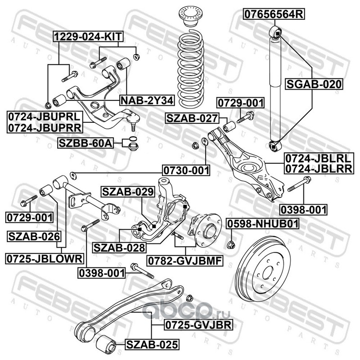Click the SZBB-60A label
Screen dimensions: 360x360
pyautogui.click(x=85, y=144)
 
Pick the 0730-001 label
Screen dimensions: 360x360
pyautogui.click(x=186, y=170)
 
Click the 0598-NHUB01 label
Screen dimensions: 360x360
pyautogui.click(x=262, y=224)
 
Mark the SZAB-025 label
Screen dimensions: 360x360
pyautogui.click(x=152, y=345)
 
